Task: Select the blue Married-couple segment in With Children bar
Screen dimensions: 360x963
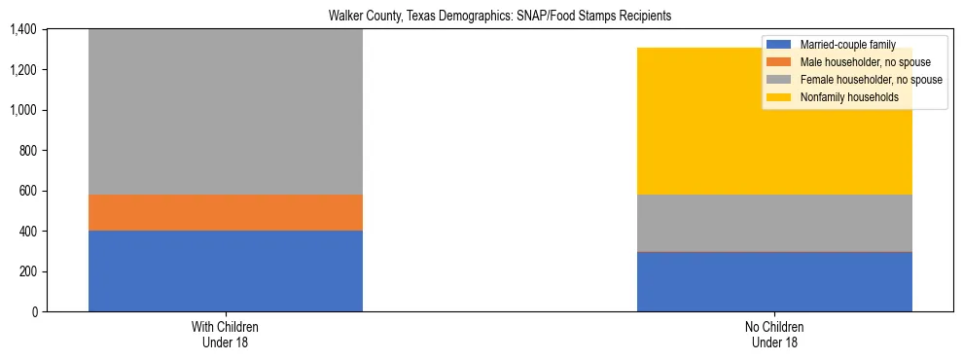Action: point(226,270)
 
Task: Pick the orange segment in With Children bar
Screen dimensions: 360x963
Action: point(226,212)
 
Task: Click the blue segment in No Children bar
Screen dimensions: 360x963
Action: point(774,281)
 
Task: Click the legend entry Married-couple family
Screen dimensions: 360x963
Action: point(846,45)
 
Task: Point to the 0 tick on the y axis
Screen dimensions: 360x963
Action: point(33,312)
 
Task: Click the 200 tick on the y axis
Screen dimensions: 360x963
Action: point(27,271)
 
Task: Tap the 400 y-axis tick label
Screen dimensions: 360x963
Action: point(27,232)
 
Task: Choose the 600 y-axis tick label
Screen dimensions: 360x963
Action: point(27,191)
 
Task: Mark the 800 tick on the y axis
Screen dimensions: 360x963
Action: point(27,151)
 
